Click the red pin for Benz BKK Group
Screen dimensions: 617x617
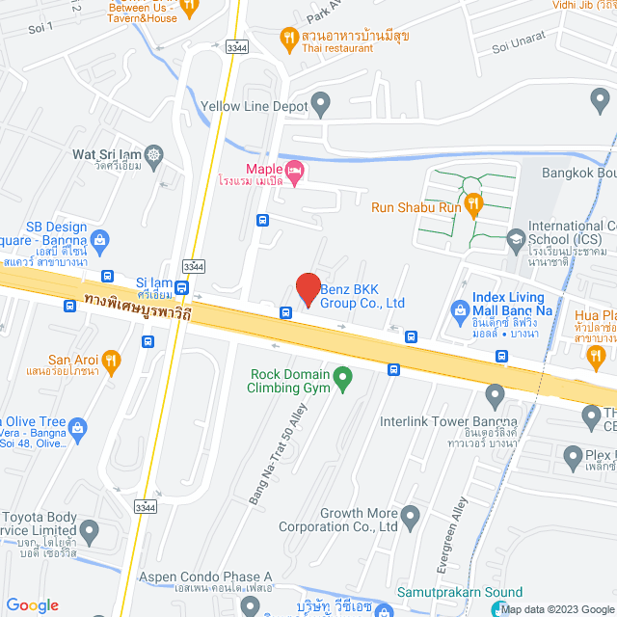[x=308, y=288]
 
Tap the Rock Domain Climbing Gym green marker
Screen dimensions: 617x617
[x=341, y=381]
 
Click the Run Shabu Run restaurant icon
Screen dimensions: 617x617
[x=473, y=204]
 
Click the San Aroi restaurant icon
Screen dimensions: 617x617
[x=113, y=361]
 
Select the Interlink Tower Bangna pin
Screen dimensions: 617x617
[x=496, y=394]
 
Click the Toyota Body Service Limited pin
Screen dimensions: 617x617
[x=90, y=529]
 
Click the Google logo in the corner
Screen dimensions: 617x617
[x=32, y=604]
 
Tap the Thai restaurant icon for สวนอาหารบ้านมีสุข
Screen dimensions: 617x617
[x=286, y=39]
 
